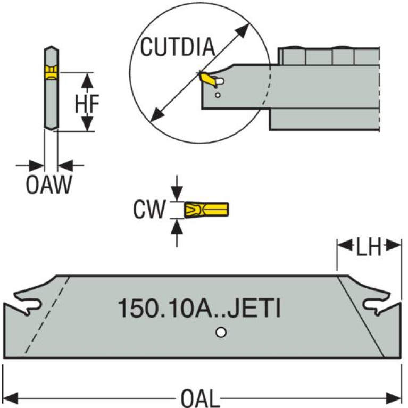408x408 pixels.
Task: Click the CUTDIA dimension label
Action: coord(177,47)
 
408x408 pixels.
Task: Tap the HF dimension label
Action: coord(86,103)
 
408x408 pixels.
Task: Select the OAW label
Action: coord(48,186)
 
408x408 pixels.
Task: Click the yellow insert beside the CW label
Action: coord(206,210)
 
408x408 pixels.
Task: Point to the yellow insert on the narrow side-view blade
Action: coord(51,72)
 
